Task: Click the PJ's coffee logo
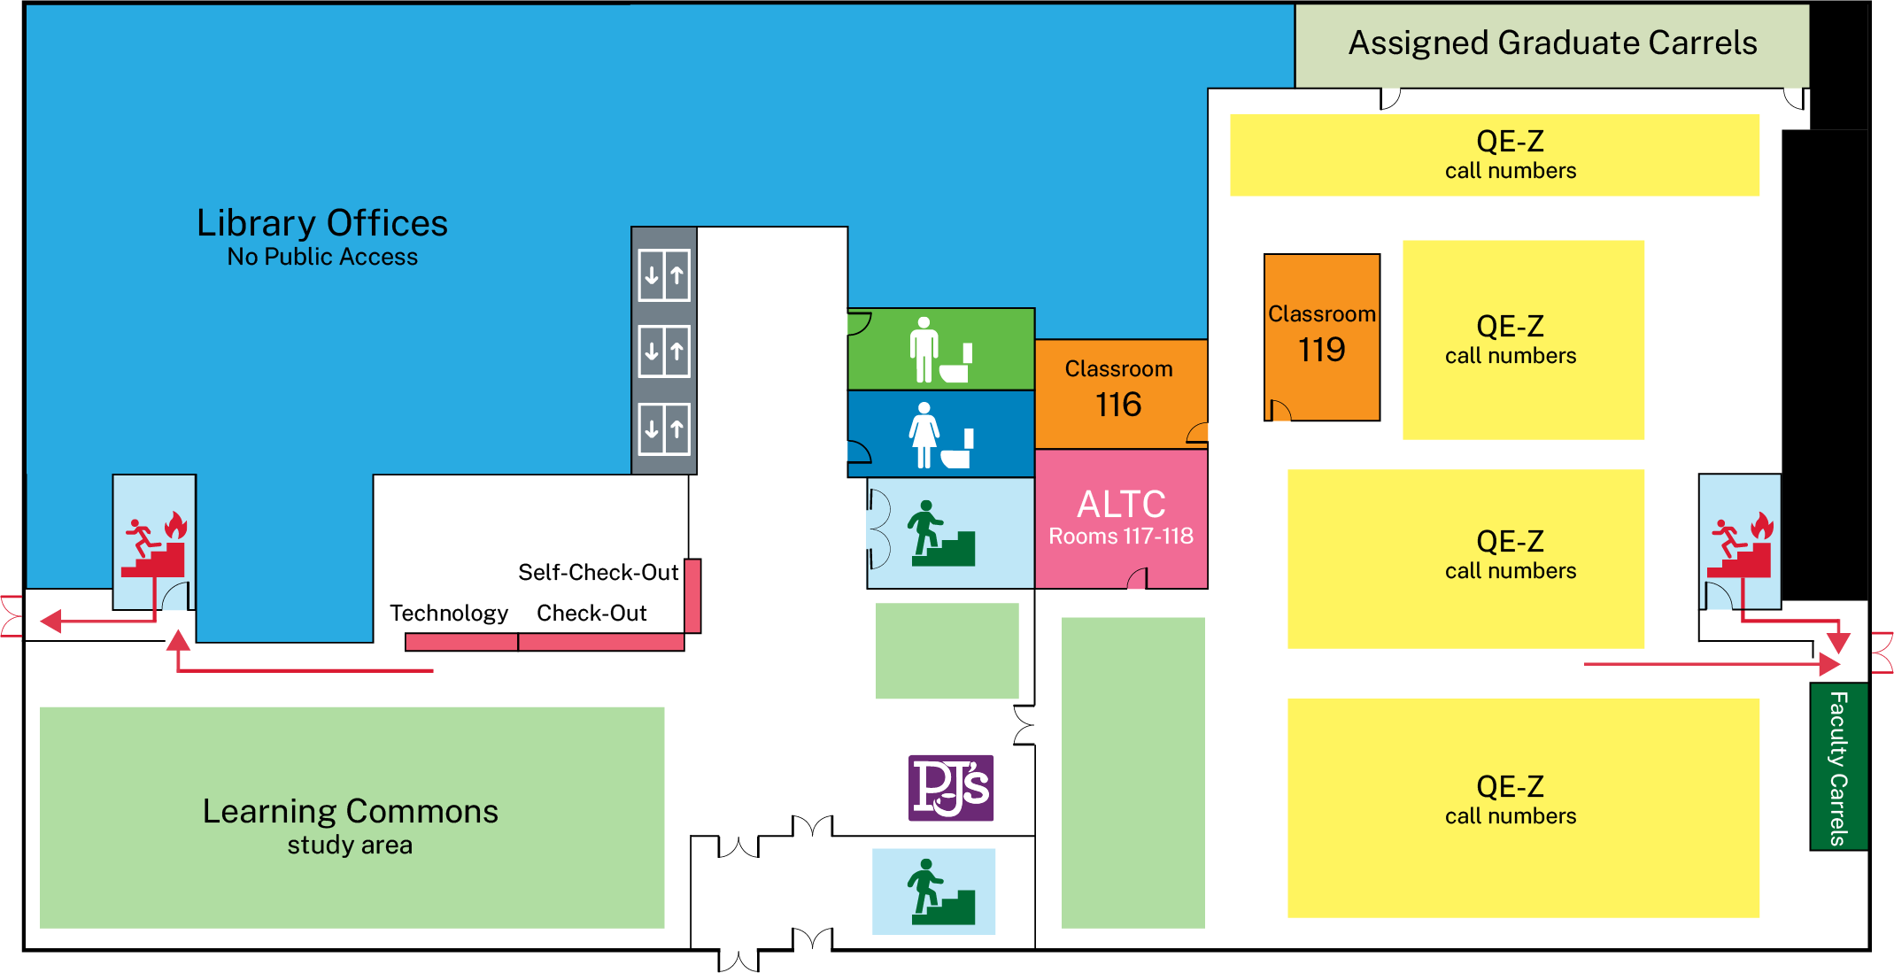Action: (x=951, y=787)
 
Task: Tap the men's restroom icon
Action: (x=940, y=351)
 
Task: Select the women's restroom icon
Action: (x=940, y=436)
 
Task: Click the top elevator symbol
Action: (x=664, y=275)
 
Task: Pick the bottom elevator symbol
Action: (x=664, y=429)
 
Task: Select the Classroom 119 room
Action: (x=1321, y=337)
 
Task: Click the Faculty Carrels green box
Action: (x=1838, y=767)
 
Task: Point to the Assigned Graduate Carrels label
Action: (x=1552, y=43)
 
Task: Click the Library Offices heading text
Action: (x=322, y=223)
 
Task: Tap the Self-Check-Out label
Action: (x=599, y=573)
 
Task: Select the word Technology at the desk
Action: (x=449, y=614)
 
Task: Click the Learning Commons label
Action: (x=351, y=811)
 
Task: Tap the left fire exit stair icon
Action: (x=155, y=544)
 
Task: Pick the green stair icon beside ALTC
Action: (x=940, y=534)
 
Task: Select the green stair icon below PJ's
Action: (x=940, y=892)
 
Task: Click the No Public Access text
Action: (x=322, y=257)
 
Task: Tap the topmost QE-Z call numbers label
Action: (x=1511, y=155)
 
